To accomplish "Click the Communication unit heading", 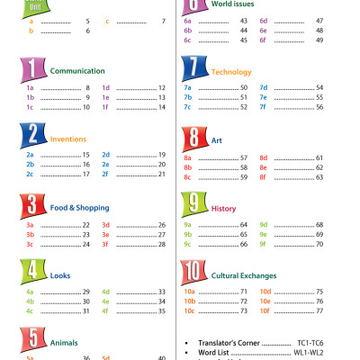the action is coord(77,70).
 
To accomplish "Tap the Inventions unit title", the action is coord(68,139).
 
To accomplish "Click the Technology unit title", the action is coord(231,70).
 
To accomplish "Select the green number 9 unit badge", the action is coord(193,205).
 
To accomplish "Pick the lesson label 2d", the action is coord(105,155).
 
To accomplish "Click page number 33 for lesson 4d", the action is coord(162,292).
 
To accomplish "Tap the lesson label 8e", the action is coord(264,167).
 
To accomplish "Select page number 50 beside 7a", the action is coord(244,87).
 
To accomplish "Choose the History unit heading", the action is coord(224,209).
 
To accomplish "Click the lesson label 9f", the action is coord(264,244).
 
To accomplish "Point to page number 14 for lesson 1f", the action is coord(162,107).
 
